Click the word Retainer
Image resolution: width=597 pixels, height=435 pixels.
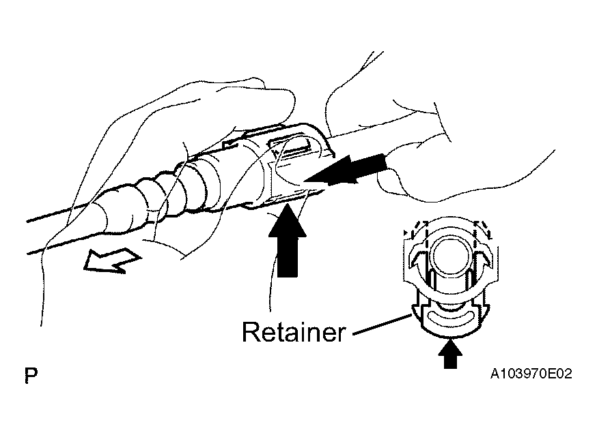click(x=294, y=331)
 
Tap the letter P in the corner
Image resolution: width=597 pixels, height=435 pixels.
click(x=31, y=376)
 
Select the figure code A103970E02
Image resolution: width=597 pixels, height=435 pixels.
click(x=531, y=374)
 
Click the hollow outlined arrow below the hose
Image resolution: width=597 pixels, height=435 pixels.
click(x=112, y=260)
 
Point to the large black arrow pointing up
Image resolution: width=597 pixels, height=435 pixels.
click(x=288, y=241)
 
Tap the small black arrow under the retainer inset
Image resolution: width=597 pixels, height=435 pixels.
click(x=450, y=354)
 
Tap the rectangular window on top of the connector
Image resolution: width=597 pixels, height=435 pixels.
click(x=293, y=147)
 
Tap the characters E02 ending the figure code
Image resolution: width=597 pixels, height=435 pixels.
click(x=559, y=374)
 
